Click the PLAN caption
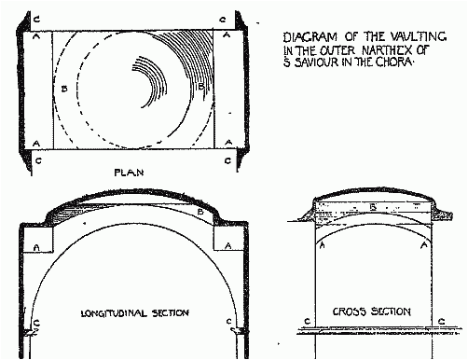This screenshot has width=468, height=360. coord(127,173)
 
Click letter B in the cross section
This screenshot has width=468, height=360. coord(373,208)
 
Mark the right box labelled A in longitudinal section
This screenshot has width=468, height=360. coord(228,245)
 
